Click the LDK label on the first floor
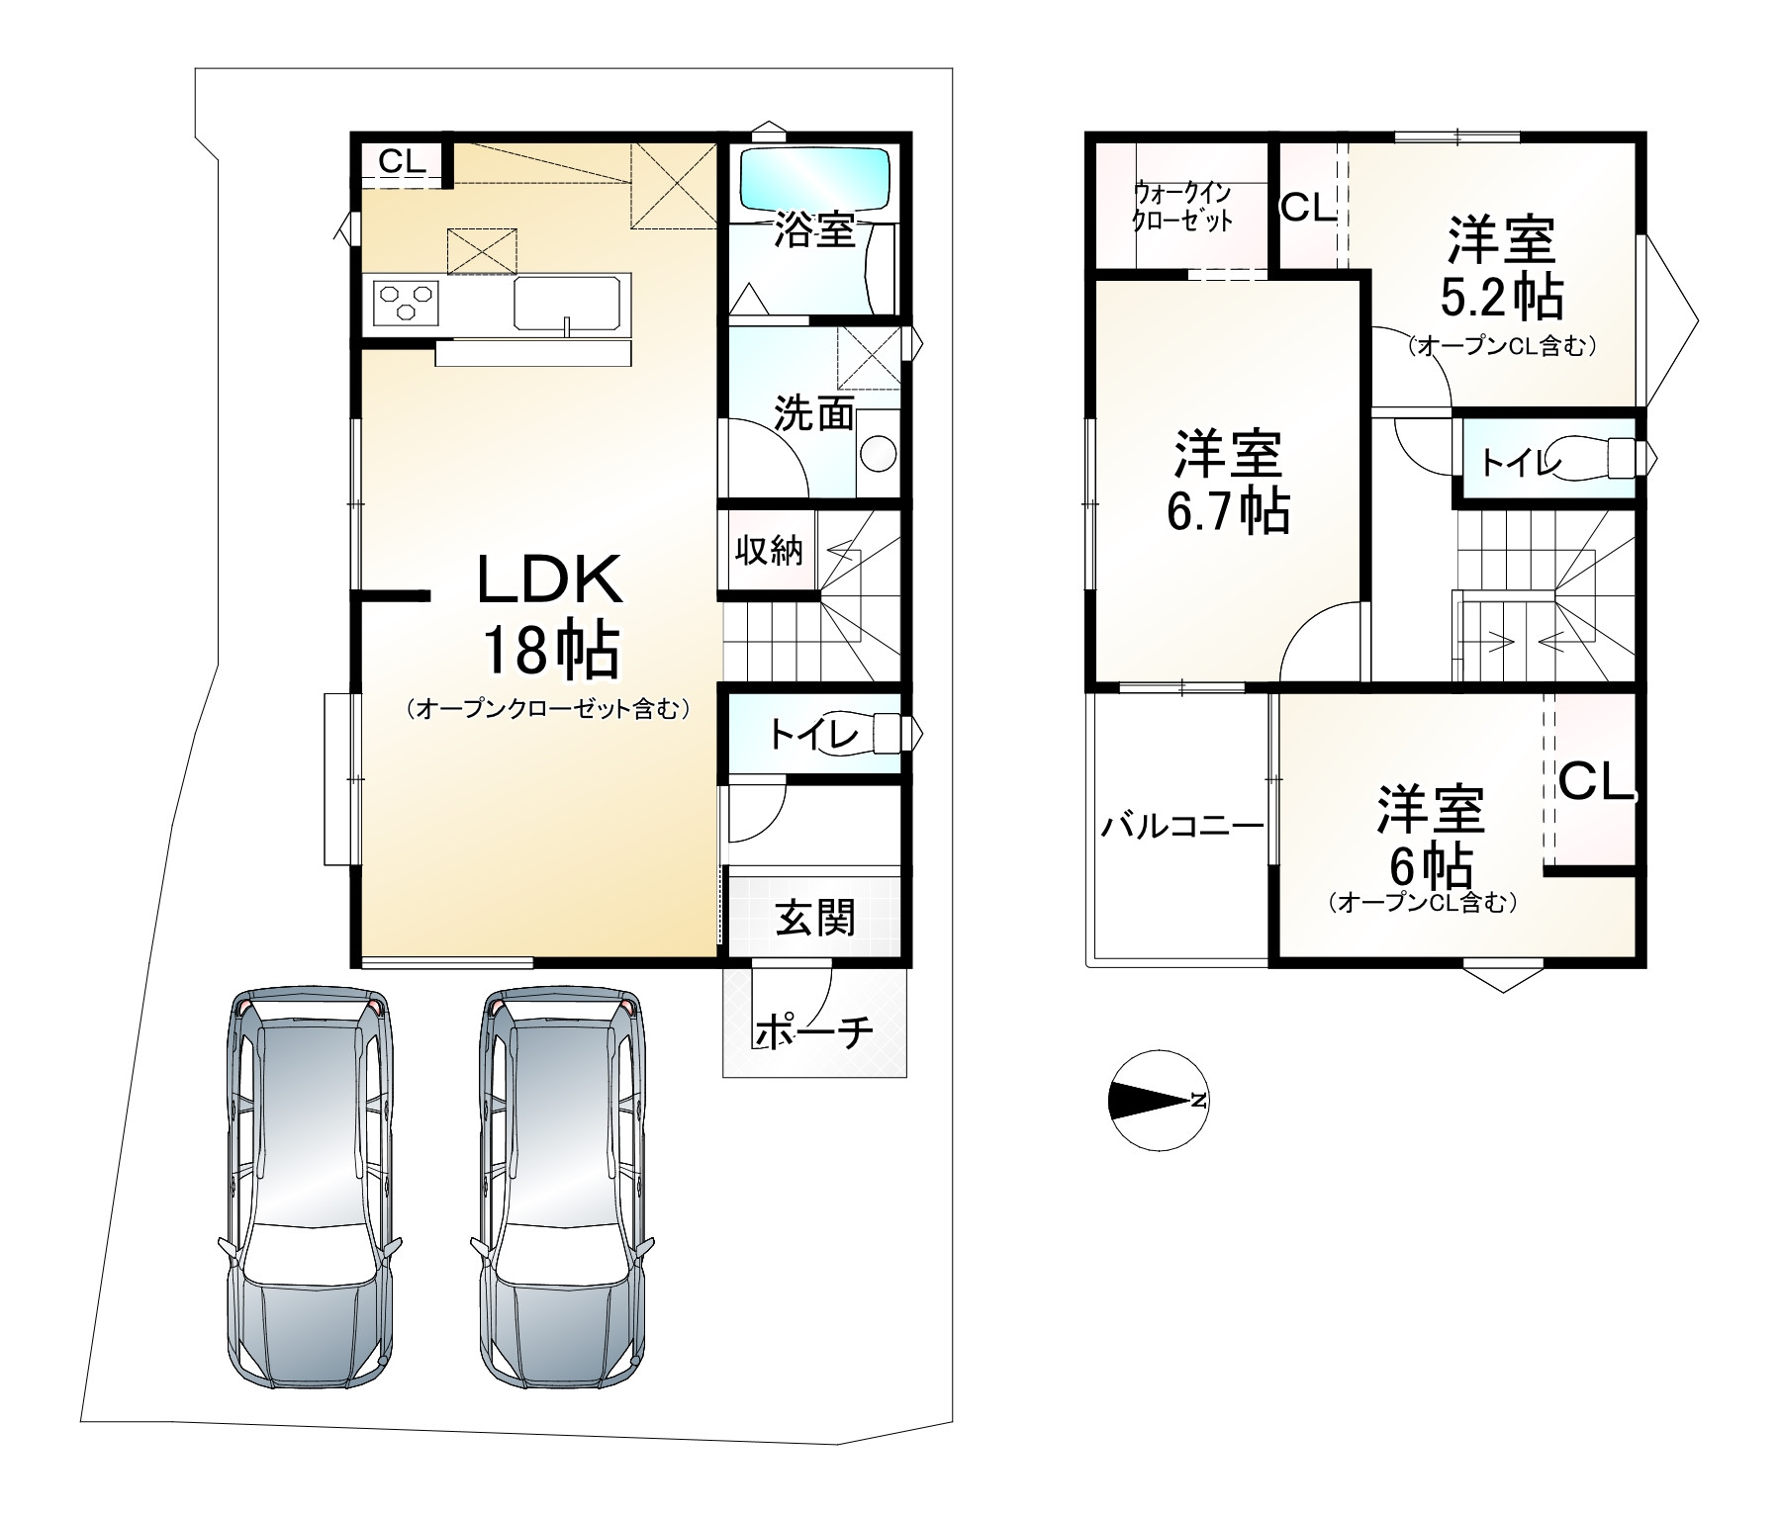click(x=550, y=579)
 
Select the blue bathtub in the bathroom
click(x=814, y=177)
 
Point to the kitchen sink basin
click(x=572, y=302)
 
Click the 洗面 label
click(x=813, y=413)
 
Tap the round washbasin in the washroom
click(x=878, y=454)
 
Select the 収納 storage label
click(x=768, y=551)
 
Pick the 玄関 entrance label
click(x=814, y=919)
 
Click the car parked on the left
click(x=311, y=1191)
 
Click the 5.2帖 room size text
click(x=1501, y=296)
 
